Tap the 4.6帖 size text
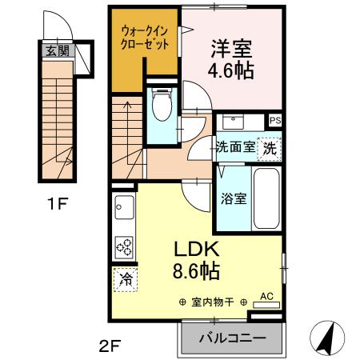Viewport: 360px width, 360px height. pyautogui.click(x=233, y=71)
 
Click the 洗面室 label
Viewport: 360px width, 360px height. pyautogui.click(x=235, y=146)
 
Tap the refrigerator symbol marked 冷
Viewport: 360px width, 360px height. pyautogui.click(x=126, y=279)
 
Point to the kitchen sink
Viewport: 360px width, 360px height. pyautogui.click(x=124, y=210)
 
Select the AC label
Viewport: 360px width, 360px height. pyautogui.click(x=267, y=296)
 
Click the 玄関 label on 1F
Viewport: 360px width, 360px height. pyautogui.click(x=57, y=52)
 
